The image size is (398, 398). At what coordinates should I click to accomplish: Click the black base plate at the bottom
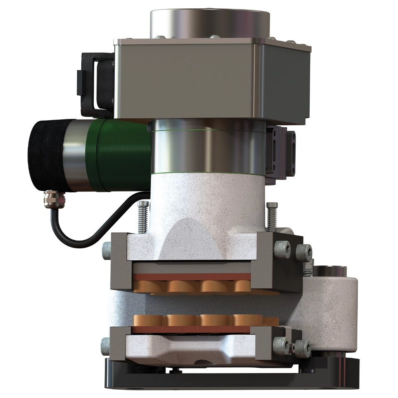tap(232, 379)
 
